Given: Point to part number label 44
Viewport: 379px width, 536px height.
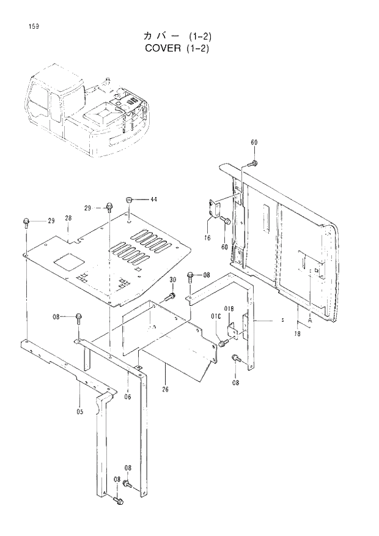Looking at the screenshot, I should pyautogui.click(x=153, y=199).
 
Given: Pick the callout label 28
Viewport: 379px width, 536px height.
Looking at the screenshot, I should pyautogui.click(x=68, y=218).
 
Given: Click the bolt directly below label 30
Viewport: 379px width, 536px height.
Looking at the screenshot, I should pyautogui.click(x=171, y=297).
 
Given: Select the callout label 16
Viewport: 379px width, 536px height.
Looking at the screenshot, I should pyautogui.click(x=208, y=237).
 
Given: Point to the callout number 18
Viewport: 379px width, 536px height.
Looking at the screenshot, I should pyautogui.click(x=298, y=333).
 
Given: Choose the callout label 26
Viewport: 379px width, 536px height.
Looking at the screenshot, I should pyautogui.click(x=166, y=389).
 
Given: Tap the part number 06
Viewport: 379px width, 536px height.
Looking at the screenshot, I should pyautogui.click(x=127, y=396).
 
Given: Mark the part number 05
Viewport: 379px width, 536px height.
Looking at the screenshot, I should pyautogui.click(x=79, y=412).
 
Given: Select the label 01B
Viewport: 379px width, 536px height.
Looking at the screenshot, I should pyautogui.click(x=229, y=308).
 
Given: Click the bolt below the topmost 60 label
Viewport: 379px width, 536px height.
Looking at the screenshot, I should pyautogui.click(x=253, y=163).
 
